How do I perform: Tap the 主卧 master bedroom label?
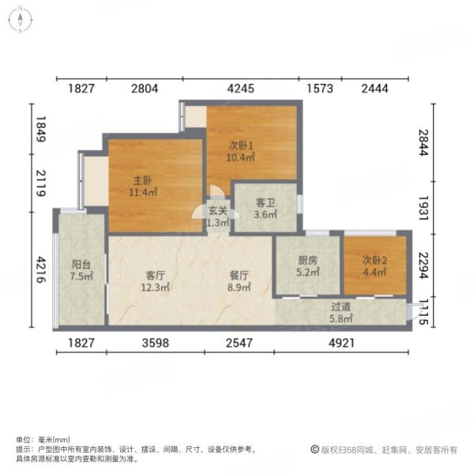(x=143, y=179)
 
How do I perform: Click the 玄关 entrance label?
(x=218, y=211)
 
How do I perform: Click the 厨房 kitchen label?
(x=308, y=261)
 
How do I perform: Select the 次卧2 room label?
(x=374, y=261)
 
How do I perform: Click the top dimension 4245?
(x=240, y=88)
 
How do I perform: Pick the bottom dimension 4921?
(x=343, y=342)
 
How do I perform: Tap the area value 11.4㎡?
(x=143, y=191)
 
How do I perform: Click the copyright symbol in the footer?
(x=314, y=450)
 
